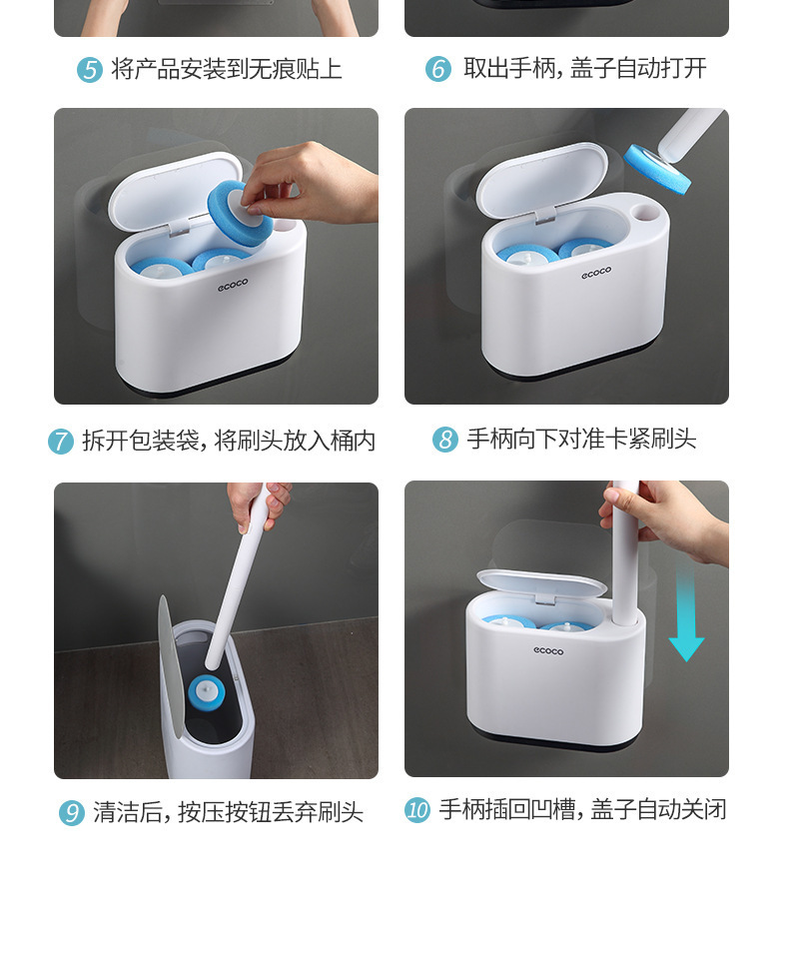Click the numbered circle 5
pos(90,70)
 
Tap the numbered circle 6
pos(438,69)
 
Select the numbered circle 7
pos(61,441)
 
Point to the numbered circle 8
pos(445,440)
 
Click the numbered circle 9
pos(72,813)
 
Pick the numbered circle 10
pos(417,810)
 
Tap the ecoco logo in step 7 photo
pos(233,285)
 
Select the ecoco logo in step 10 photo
pos(548,651)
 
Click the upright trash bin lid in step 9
pos(170,667)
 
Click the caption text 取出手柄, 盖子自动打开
pos(584,69)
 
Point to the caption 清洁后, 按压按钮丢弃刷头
pos(228,813)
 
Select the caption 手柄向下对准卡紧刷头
pos(581,440)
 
